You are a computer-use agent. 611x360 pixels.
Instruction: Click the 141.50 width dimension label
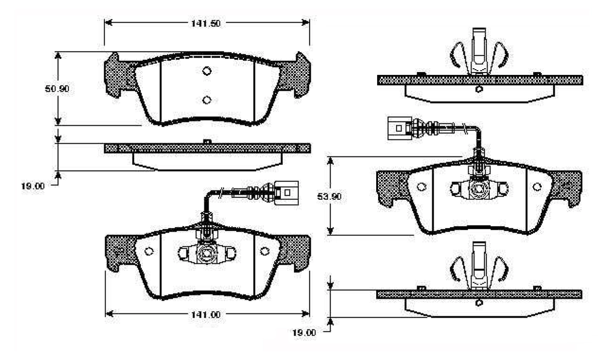pyautogui.click(x=206, y=23)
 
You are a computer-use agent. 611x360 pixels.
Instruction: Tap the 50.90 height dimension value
pyautogui.click(x=57, y=89)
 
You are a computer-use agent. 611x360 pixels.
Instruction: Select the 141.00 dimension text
pyautogui.click(x=206, y=315)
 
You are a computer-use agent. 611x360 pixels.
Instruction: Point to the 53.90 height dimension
pyautogui.click(x=329, y=196)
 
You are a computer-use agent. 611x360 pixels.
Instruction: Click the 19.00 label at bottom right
pyautogui.click(x=304, y=333)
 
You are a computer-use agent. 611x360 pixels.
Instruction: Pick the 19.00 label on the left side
pyautogui.click(x=33, y=186)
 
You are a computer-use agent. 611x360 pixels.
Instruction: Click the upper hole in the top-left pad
pyautogui.click(x=207, y=71)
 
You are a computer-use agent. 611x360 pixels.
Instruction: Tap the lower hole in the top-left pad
pyautogui.click(x=207, y=100)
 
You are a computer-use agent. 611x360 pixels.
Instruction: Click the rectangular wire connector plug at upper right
pyautogui.click(x=400, y=128)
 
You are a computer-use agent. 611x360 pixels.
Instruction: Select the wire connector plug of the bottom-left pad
pyautogui.click(x=286, y=193)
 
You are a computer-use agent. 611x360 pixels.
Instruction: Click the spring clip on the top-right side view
pyautogui.click(x=479, y=52)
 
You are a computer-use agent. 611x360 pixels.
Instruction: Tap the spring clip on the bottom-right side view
pyautogui.click(x=479, y=265)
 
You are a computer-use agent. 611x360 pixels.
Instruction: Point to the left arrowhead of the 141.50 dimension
pyautogui.click(x=108, y=22)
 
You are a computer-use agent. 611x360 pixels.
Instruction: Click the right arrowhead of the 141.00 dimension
pyautogui.click(x=305, y=314)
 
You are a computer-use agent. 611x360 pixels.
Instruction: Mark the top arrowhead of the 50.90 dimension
pyautogui.click(x=58, y=55)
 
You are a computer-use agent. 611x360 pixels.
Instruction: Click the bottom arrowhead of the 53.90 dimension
pyautogui.click(x=330, y=231)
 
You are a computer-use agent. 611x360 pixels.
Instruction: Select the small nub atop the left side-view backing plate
pyautogui.click(x=207, y=141)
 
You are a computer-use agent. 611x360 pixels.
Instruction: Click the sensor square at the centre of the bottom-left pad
pyautogui.click(x=206, y=254)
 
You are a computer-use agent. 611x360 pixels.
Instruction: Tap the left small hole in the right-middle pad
pyautogui.click(x=421, y=187)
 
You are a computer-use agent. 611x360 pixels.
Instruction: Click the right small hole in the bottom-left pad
pyautogui.click(x=264, y=251)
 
